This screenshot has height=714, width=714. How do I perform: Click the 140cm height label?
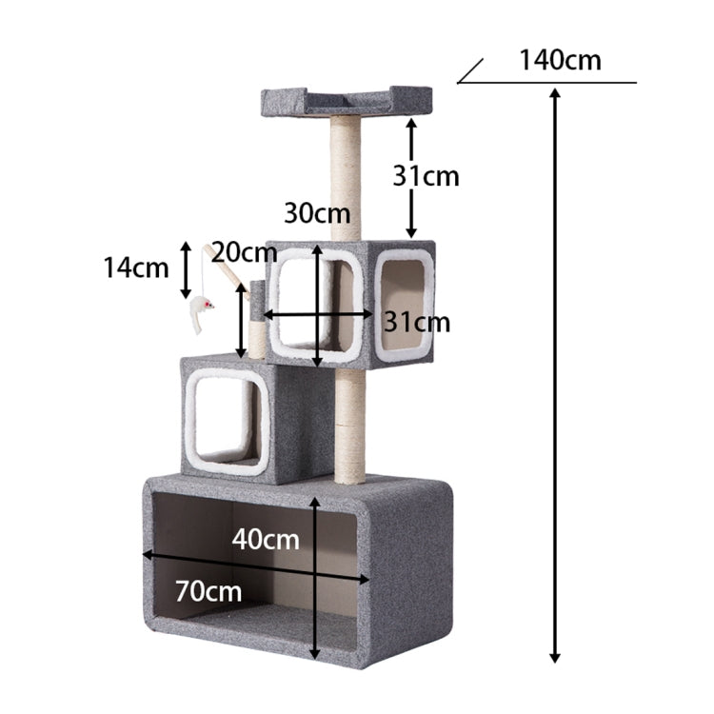tap(560, 60)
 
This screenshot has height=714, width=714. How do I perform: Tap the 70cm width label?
tap(208, 591)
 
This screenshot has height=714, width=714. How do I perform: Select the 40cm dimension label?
tap(266, 540)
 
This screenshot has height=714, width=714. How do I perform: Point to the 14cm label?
tap(136, 268)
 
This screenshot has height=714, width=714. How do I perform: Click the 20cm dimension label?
tap(244, 252)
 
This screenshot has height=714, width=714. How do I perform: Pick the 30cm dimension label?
tap(317, 212)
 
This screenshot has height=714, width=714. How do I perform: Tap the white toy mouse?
tap(201, 312)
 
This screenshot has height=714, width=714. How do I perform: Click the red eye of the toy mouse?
tap(208, 304)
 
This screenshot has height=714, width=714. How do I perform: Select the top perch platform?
tap(347, 101)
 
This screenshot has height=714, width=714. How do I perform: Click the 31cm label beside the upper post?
tap(426, 176)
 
